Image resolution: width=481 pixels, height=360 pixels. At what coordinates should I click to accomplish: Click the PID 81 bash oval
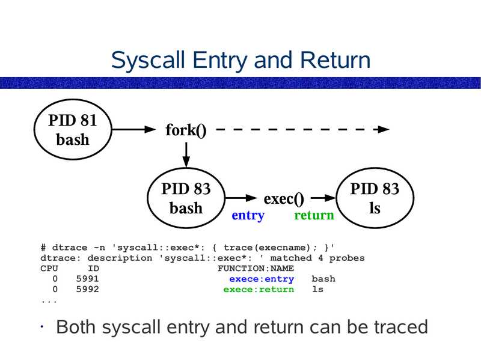tap(72, 130)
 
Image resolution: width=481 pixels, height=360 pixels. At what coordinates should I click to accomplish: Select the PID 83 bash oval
tap(186, 199)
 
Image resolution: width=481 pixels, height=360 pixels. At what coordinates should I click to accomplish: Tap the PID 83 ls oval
tap(375, 199)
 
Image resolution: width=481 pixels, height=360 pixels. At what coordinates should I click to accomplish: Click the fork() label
tap(186, 130)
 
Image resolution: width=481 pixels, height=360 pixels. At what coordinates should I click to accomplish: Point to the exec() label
tap(284, 198)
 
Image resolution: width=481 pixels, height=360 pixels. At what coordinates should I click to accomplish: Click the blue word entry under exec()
tap(248, 216)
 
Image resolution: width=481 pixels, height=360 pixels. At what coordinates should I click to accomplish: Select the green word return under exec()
tap(313, 216)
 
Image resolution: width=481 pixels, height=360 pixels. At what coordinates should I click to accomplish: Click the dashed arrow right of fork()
tap(301, 129)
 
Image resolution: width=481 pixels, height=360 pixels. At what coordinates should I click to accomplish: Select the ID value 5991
tap(88, 279)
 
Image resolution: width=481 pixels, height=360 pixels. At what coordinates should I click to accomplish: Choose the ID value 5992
tap(88, 289)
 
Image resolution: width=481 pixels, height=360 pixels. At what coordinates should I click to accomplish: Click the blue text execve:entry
tap(262, 279)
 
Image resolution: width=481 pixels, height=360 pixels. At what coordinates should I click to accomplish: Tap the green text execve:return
tap(259, 289)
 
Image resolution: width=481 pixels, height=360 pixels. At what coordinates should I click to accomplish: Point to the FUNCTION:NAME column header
tap(256, 269)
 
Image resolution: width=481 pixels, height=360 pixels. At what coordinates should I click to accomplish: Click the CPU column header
tap(49, 269)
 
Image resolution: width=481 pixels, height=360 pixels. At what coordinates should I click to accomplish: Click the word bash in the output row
tap(323, 279)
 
